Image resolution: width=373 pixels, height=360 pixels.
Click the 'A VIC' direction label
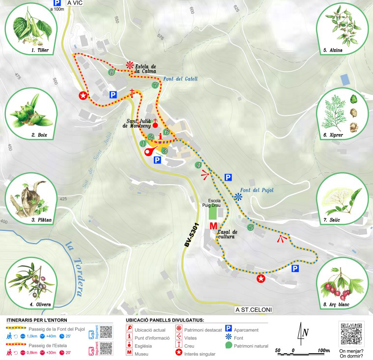[75, 3]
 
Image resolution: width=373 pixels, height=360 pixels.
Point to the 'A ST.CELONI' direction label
[254, 309]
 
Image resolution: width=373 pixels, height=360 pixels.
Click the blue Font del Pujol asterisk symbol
[238, 197]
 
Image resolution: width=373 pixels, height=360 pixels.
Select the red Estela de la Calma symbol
[130, 65]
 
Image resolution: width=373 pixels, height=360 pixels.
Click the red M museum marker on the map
[213, 226]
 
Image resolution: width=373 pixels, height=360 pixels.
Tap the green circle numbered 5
[251, 227]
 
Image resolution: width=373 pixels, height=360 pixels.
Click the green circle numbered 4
[199, 165]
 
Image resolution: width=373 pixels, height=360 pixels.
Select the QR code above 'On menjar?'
[352, 334]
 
